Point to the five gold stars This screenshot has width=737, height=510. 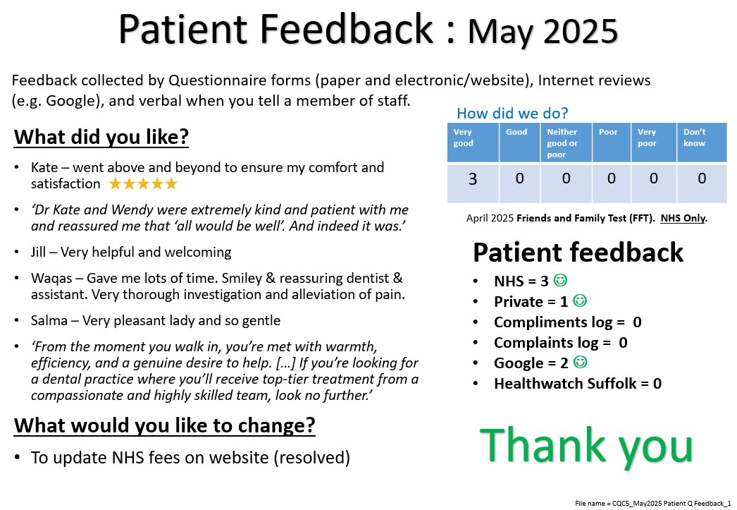[143, 183]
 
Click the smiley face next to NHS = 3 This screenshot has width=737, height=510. [560, 280]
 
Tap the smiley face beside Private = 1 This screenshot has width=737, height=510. [580, 300]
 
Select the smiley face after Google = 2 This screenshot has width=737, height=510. [581, 362]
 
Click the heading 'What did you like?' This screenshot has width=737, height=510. [101, 137]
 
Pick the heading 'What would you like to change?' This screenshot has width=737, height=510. [164, 425]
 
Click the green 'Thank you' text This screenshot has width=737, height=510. [586, 446]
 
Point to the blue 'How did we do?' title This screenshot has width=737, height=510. [512, 113]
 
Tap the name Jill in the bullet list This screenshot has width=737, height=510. [38, 252]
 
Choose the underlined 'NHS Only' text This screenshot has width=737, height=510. [683, 218]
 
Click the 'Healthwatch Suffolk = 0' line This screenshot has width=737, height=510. [578, 384]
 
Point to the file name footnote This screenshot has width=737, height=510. [653, 504]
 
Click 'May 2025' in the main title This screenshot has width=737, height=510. [543, 32]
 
